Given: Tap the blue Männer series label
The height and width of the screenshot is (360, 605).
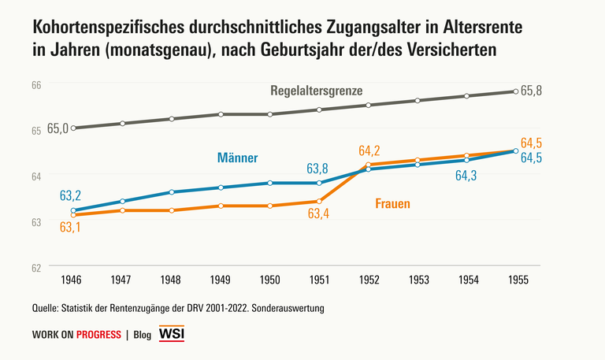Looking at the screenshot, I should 237,158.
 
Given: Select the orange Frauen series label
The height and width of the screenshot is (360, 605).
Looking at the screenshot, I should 392,204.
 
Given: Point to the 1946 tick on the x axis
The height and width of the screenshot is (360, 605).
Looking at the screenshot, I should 73,280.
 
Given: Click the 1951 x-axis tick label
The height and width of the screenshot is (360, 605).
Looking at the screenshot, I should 319,280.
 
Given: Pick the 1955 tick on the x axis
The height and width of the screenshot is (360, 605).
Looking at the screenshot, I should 515,280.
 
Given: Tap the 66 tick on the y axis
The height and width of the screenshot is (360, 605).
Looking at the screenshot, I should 36,85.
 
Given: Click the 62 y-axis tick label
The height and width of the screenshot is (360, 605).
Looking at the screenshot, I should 36,268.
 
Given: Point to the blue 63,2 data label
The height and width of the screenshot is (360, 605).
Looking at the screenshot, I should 71,195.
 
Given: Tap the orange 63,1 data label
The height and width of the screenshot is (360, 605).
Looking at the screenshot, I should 71,228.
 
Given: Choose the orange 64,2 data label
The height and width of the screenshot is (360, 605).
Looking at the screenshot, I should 369,150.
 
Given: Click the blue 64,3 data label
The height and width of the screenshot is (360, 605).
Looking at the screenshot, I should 467,176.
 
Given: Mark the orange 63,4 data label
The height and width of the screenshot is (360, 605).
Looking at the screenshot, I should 319,214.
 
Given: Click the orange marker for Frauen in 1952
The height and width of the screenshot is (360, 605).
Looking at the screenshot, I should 368,165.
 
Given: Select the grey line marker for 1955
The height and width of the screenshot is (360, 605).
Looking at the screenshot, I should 515,91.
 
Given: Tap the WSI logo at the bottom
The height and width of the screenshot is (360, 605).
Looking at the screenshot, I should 172,334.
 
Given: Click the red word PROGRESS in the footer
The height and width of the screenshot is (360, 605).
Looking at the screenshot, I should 98,335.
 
